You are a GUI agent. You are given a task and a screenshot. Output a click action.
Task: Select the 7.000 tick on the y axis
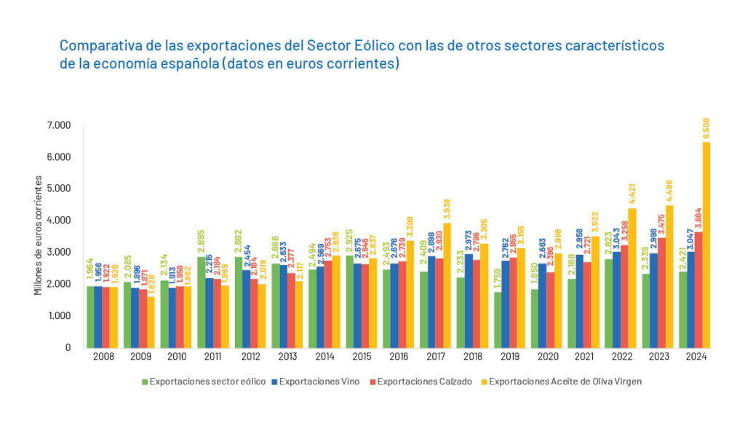point(60,125)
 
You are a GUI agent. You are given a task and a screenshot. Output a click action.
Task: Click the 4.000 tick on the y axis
point(60,220)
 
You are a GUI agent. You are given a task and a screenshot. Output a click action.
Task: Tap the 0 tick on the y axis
point(68,347)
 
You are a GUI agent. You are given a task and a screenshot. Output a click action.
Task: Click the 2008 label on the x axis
point(104,357)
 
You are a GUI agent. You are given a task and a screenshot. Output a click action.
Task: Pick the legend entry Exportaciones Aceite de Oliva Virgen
point(565,381)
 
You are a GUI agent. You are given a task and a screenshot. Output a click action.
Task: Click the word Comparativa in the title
point(95,46)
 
